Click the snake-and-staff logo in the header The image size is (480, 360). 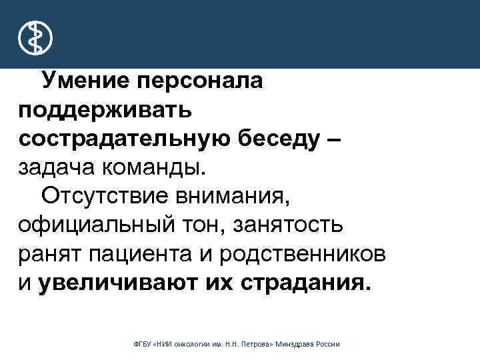pyautogui.click(x=33, y=37)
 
